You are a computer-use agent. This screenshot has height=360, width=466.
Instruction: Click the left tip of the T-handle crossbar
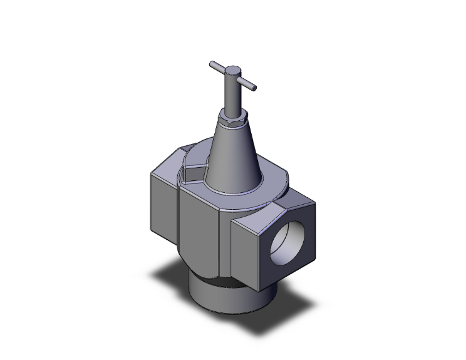click(212, 63)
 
